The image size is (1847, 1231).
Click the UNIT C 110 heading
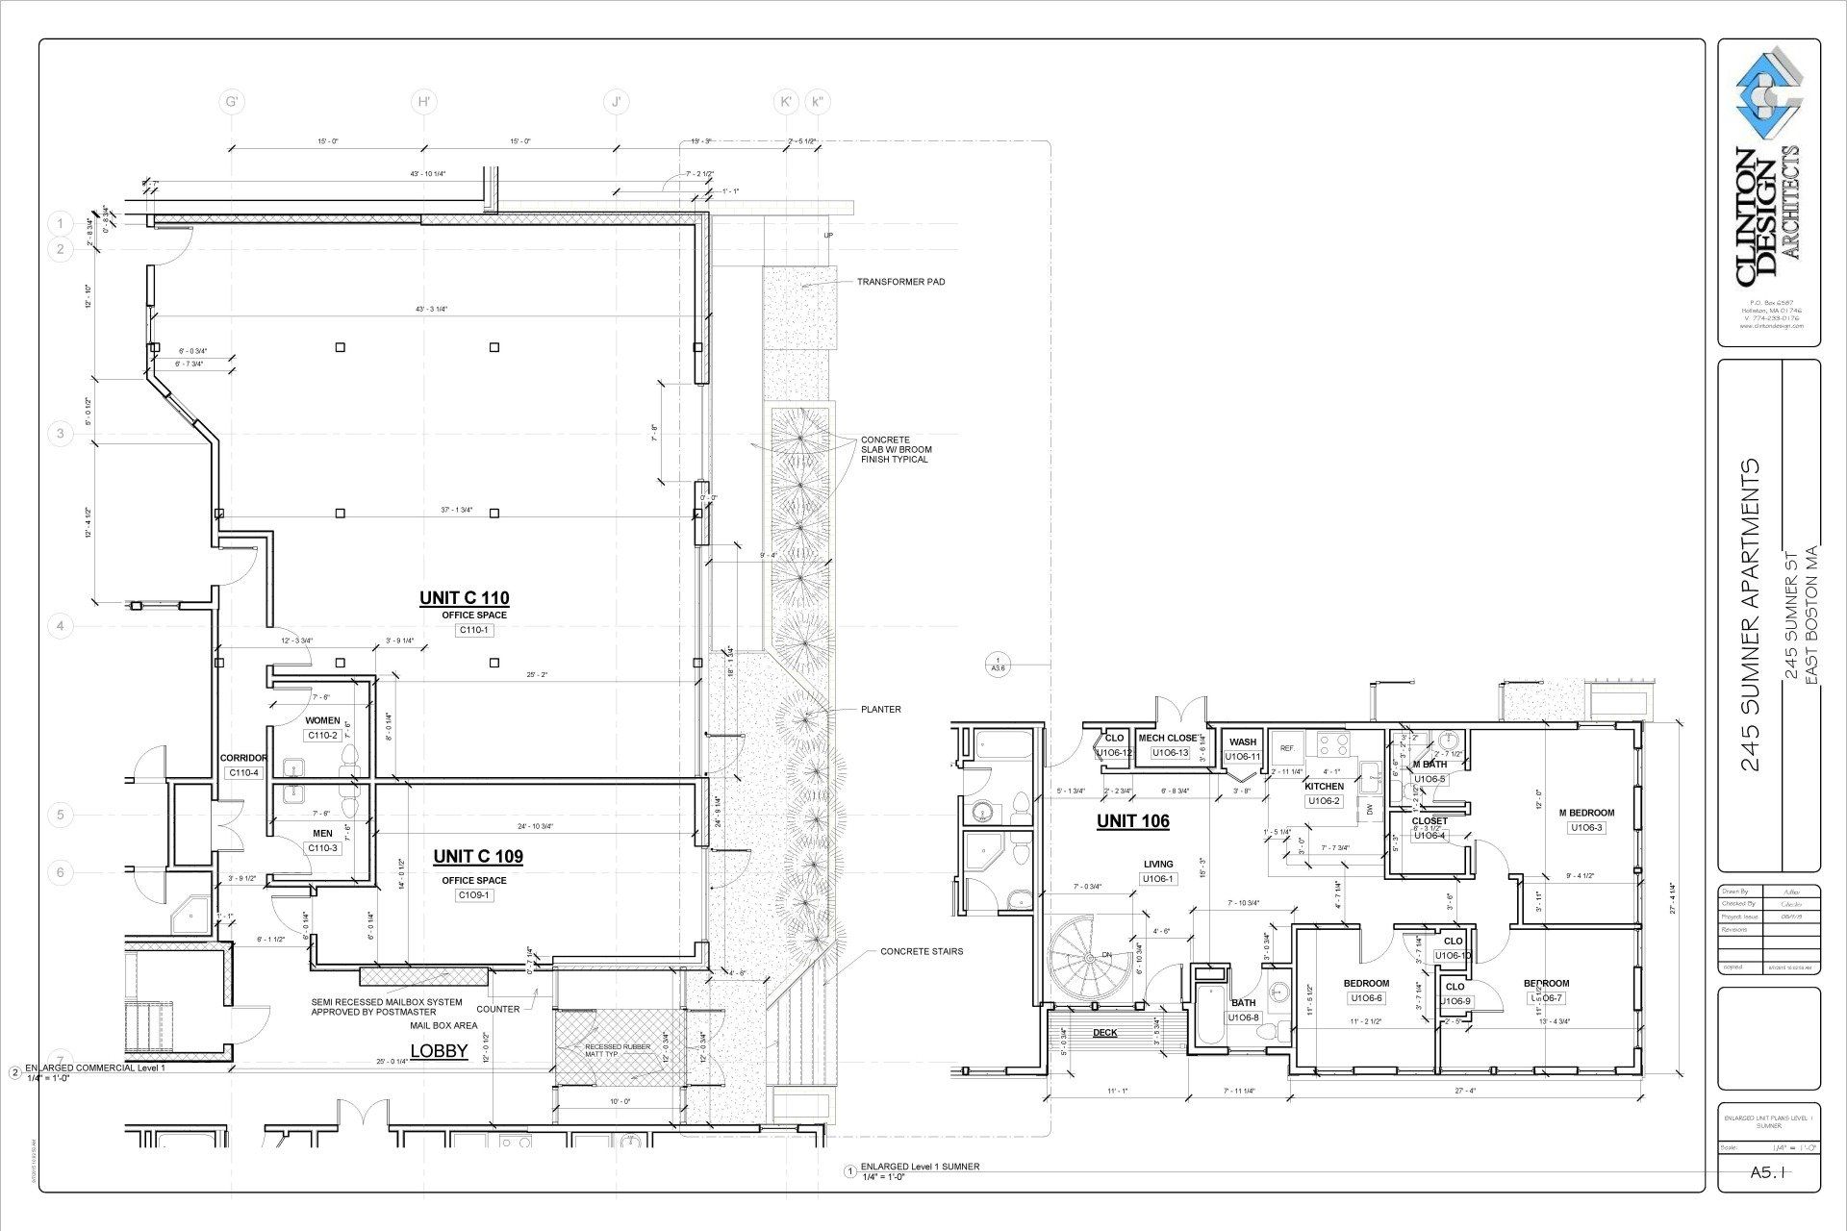pos(464,598)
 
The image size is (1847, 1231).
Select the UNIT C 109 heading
pos(478,856)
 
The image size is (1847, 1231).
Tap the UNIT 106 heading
pos(1133,821)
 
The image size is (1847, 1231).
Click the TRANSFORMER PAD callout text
pos(900,282)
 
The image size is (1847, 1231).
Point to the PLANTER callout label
pos(880,710)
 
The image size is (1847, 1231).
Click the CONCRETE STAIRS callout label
pos(921,951)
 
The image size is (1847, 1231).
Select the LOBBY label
pos(439,1050)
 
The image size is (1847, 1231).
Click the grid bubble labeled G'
pos(231,102)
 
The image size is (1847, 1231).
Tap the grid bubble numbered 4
pos(61,627)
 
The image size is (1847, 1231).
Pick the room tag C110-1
pos(473,630)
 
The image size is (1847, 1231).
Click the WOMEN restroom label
pos(322,720)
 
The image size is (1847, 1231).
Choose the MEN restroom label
pos(322,834)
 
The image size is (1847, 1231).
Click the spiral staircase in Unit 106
pos(1087,958)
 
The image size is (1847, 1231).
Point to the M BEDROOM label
pos(1586,813)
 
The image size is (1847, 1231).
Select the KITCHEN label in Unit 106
pos(1324,787)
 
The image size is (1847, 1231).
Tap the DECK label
pos(1104,1033)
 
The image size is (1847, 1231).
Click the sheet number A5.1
pos(1768,1172)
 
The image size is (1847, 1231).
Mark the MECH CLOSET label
pos(1169,739)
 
